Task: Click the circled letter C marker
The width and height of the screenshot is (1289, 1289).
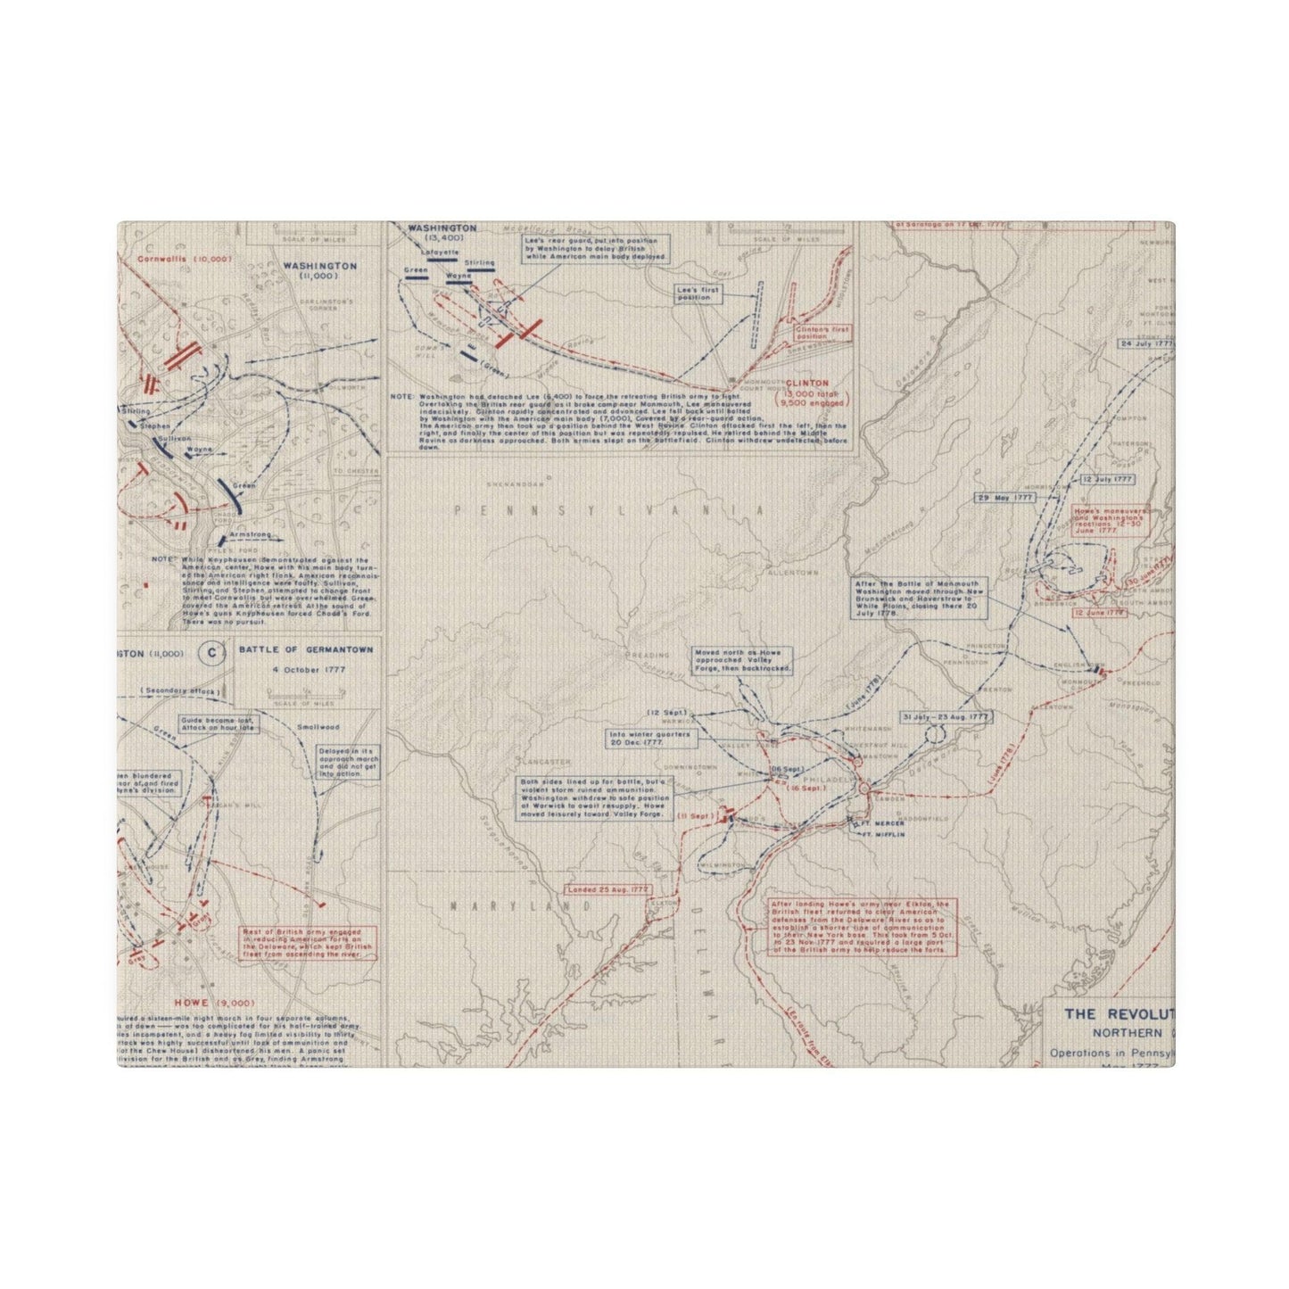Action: point(211,654)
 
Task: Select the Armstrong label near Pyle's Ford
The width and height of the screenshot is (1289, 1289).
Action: point(250,534)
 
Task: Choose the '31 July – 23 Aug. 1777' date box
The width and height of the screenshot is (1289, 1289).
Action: point(946,716)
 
